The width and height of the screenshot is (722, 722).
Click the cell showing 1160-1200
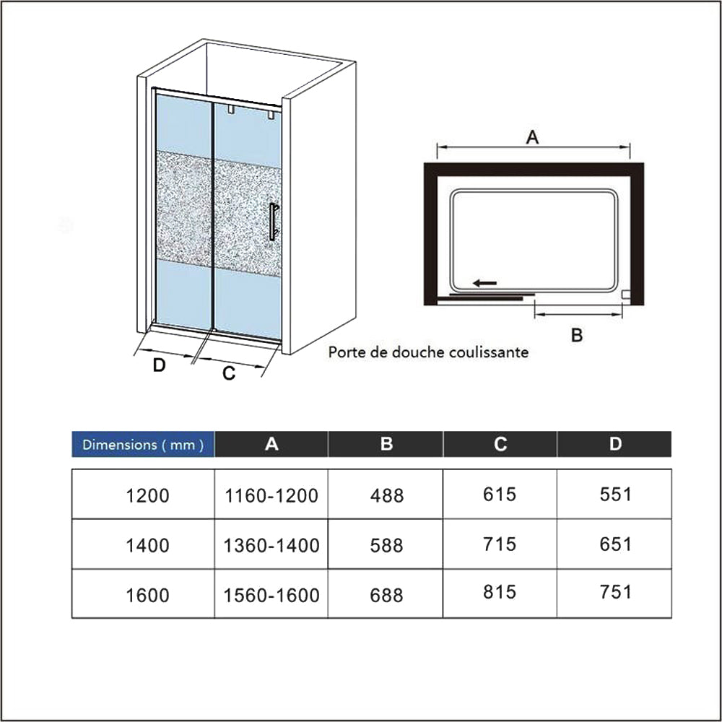(x=271, y=495)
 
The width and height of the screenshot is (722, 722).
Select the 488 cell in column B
(x=387, y=495)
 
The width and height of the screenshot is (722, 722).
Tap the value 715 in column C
(x=500, y=544)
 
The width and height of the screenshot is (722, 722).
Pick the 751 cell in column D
(x=615, y=592)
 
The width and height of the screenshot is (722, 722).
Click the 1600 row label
(x=147, y=595)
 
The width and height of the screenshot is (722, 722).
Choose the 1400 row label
(x=147, y=545)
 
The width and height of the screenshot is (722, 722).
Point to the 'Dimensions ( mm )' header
(x=143, y=445)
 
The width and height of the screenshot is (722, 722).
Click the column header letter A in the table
(x=271, y=444)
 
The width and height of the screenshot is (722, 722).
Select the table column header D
(x=615, y=444)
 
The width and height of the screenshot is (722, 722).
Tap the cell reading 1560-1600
(x=271, y=595)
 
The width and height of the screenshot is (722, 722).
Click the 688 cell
(x=387, y=595)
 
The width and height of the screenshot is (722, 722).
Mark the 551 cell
(x=615, y=495)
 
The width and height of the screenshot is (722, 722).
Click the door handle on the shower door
(x=273, y=222)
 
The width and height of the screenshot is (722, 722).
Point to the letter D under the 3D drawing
(x=159, y=365)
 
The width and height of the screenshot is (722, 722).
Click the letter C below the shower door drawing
(x=229, y=373)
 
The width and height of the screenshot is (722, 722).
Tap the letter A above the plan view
(x=532, y=136)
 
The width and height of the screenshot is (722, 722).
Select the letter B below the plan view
(x=576, y=335)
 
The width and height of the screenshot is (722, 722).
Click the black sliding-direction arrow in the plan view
(x=485, y=283)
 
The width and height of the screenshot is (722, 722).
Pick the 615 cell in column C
(x=500, y=495)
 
